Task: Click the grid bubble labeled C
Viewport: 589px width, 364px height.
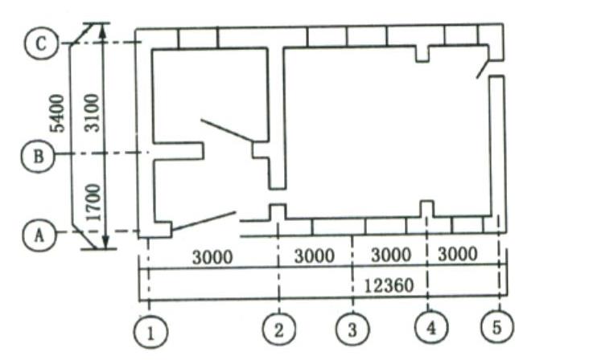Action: (41, 43)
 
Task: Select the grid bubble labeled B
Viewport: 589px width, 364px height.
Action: (38, 156)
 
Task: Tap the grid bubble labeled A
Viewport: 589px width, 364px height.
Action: (39, 235)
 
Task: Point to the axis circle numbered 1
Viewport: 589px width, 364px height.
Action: (150, 333)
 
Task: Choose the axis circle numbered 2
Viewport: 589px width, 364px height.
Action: (278, 329)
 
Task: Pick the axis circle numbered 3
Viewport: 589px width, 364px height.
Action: (352, 329)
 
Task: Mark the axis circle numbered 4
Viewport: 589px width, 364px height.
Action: (431, 327)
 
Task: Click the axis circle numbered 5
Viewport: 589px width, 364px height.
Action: (497, 326)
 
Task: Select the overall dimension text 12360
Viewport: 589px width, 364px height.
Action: (389, 286)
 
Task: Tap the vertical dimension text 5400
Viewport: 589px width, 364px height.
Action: (57, 113)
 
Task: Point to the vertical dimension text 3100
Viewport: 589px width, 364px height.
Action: (92, 112)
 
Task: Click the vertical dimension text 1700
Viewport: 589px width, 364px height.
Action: (93, 202)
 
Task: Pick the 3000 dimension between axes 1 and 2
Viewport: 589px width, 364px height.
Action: (212, 257)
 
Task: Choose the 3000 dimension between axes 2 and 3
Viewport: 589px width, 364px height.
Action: (314, 256)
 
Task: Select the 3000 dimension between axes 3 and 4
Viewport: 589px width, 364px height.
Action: (391, 255)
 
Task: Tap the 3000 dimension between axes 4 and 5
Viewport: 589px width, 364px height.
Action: (458, 254)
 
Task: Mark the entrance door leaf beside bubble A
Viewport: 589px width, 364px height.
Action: (204, 221)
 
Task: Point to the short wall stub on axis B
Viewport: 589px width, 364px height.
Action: (179, 151)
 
